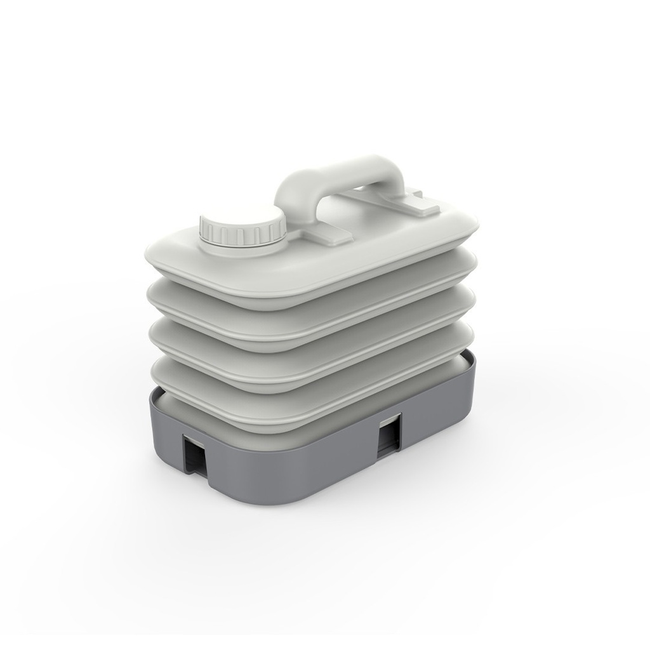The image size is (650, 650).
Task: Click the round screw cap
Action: (242, 227)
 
